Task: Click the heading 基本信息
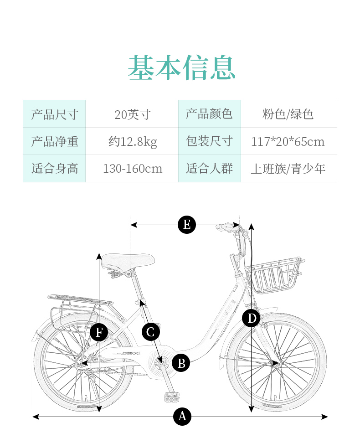pos(181,68)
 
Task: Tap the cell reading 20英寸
pos(132,114)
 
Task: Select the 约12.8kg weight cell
pos(132,141)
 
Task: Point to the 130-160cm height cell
pos(132,169)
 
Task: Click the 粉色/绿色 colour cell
pos(288,114)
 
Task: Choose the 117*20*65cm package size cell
pos(288,141)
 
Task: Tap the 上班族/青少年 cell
pos(288,169)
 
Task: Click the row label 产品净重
pos(55,141)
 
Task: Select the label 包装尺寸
pos(210,141)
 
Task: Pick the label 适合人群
pos(210,169)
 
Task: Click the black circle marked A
pos(182,416)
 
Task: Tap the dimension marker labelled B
pos(181,363)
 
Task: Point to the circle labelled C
pos(151,332)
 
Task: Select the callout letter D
pos(251,318)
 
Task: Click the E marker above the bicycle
pos(186,225)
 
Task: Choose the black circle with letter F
pos(99,332)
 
